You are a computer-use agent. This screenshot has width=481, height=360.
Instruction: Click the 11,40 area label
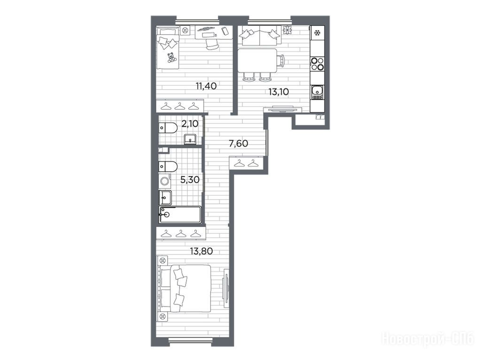click(x=206, y=86)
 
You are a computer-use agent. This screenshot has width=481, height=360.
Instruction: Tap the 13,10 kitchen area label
click(x=279, y=92)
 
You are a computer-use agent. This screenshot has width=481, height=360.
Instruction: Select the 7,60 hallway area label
click(x=239, y=143)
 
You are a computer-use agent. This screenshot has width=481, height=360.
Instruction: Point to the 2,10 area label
click(x=190, y=124)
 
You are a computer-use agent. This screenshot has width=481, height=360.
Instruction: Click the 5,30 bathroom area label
click(x=190, y=180)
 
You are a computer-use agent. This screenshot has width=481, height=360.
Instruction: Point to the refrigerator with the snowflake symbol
click(x=317, y=32)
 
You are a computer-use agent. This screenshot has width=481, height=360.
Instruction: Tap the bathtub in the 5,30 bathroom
click(x=180, y=214)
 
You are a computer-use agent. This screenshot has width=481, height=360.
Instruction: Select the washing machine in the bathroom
click(x=165, y=181)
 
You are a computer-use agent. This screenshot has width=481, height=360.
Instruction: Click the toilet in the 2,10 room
click(x=168, y=128)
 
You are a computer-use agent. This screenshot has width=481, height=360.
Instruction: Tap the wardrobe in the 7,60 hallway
click(x=247, y=162)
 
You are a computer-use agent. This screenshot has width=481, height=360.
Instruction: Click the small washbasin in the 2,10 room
click(x=191, y=139)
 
